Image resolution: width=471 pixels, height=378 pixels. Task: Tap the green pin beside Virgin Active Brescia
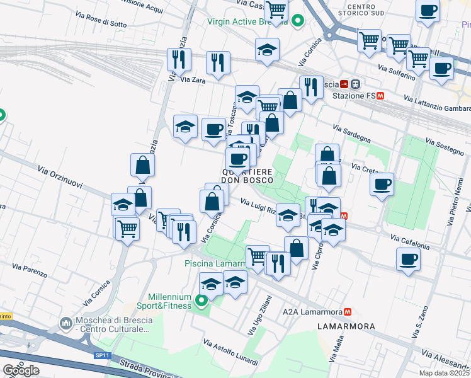[x=298, y=21]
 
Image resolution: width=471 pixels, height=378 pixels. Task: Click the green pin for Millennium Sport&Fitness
[x=201, y=301]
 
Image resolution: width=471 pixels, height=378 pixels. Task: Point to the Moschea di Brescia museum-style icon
[x=66, y=324]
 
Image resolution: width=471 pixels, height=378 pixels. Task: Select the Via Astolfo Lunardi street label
[x=230, y=353]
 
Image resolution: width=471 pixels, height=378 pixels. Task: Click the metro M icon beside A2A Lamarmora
[x=347, y=312]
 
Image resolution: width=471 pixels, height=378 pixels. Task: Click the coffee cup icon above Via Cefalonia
[x=408, y=259]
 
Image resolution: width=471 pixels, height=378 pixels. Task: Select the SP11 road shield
[x=103, y=355]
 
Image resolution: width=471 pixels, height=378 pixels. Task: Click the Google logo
[x=21, y=370]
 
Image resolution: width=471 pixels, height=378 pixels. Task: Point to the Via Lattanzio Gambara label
[x=436, y=105]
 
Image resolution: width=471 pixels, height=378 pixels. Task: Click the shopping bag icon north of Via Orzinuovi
[x=143, y=165]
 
